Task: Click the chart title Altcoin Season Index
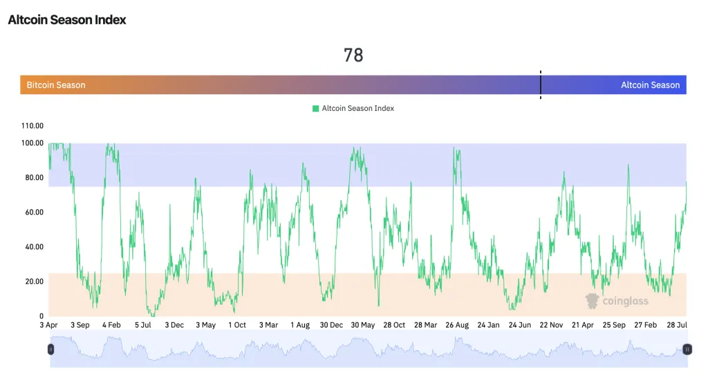67,20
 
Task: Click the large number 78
353,55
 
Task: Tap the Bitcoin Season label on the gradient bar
56,85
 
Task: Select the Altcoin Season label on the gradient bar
650,85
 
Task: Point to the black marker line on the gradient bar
541,84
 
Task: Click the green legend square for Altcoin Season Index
316,109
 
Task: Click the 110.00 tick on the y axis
33,126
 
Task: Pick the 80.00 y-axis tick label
33,178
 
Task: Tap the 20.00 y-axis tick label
33,282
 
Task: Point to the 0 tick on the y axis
41,316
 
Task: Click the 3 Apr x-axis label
49,325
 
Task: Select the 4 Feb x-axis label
111,325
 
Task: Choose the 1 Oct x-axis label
236,325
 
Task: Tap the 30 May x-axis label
362,325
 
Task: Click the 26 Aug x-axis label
457,325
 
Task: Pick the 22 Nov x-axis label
552,325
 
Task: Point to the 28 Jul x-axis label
676,325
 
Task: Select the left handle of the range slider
50,349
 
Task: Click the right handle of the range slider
687,349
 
